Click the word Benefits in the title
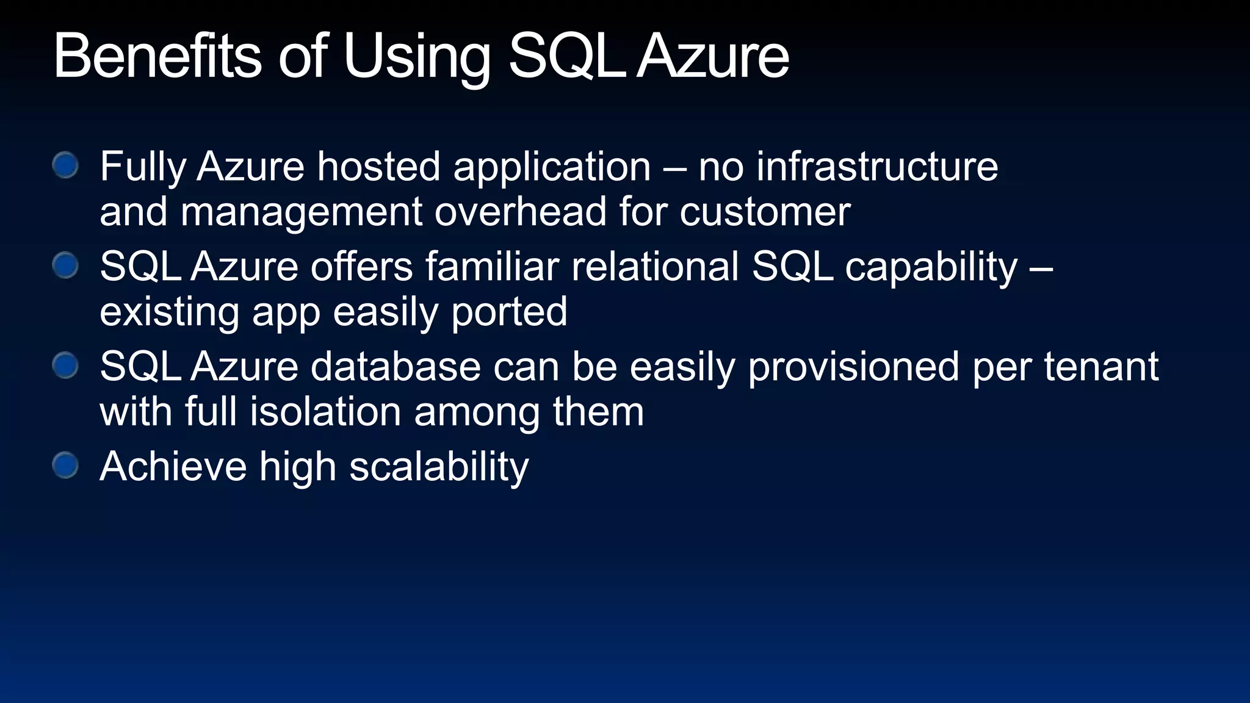tap(157, 56)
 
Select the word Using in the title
tap(417, 57)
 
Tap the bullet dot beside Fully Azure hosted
tap(65, 165)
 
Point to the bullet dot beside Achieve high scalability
tap(65, 466)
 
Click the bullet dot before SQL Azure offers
tap(65, 266)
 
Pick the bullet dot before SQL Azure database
tap(65, 366)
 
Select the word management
tap(301, 212)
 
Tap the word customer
tap(765, 212)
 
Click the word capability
tap(931, 267)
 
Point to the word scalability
tap(439, 467)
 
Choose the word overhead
tap(520, 212)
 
